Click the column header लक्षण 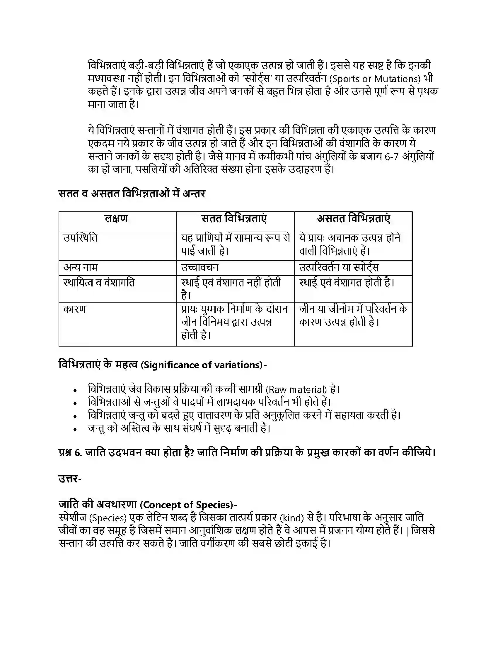click(x=117, y=219)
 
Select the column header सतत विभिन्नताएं click(x=234, y=219)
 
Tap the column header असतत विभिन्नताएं click(x=354, y=219)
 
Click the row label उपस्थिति click(x=80, y=238)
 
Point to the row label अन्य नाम click(x=81, y=268)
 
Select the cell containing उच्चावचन click(x=200, y=268)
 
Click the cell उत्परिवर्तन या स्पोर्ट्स click(x=339, y=268)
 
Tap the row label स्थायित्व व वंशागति click(x=99, y=283)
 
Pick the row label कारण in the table click(x=75, y=309)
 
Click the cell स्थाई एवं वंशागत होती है click(x=347, y=283)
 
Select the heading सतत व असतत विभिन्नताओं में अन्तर click(x=132, y=194)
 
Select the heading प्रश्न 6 click(x=70, y=453)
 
